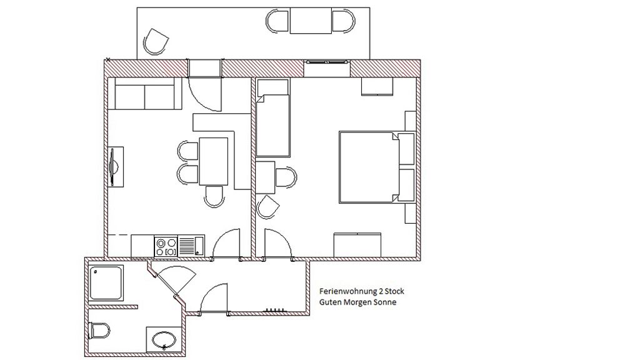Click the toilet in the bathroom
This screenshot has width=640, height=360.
[x=99, y=331]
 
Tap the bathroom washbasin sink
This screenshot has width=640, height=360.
[x=164, y=339]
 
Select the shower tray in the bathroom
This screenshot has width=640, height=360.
[x=106, y=283]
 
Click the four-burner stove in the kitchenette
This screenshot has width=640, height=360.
[x=166, y=246]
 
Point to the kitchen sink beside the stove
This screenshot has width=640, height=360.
[x=191, y=246]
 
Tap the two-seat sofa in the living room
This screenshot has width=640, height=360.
[x=147, y=94]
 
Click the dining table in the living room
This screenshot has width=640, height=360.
[x=214, y=162]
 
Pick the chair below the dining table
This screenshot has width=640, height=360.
[x=215, y=197]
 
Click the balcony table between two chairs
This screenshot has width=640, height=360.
[x=311, y=21]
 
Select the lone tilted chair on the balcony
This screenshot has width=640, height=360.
[x=156, y=42]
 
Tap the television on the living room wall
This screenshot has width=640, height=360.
[x=114, y=167]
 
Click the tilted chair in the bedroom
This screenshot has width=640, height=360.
[x=268, y=206]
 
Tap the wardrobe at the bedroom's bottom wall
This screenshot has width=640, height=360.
[x=357, y=245]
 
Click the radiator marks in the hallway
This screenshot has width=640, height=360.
[x=275, y=310]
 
